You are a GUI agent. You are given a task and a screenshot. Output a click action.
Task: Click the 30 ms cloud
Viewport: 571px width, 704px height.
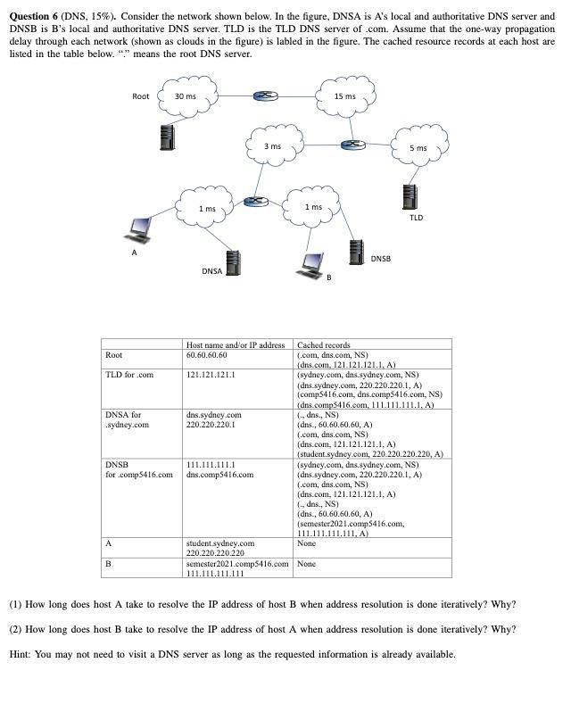(186, 97)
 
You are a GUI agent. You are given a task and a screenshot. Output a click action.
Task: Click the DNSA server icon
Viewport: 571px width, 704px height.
(233, 262)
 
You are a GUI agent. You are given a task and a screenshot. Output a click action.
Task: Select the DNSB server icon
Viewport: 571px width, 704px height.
(355, 251)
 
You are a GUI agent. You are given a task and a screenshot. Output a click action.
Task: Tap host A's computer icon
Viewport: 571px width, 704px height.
(137, 229)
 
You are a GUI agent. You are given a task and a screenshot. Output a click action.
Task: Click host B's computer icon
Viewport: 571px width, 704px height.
(312, 262)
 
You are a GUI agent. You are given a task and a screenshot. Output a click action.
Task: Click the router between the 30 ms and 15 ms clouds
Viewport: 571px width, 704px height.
(262, 96)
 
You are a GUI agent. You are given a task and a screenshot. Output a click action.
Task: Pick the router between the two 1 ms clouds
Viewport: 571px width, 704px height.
(257, 203)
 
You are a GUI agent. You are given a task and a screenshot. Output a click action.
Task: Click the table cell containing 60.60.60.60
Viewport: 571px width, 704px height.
(206, 355)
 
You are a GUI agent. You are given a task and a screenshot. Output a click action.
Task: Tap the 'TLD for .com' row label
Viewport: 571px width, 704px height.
(129, 375)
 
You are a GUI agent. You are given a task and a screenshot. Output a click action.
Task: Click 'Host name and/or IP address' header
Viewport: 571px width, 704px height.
(236, 344)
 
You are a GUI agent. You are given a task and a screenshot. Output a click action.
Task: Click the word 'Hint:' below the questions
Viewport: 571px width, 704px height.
(21, 654)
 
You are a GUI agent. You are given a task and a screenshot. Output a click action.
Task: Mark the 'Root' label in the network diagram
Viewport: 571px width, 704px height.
(141, 96)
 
